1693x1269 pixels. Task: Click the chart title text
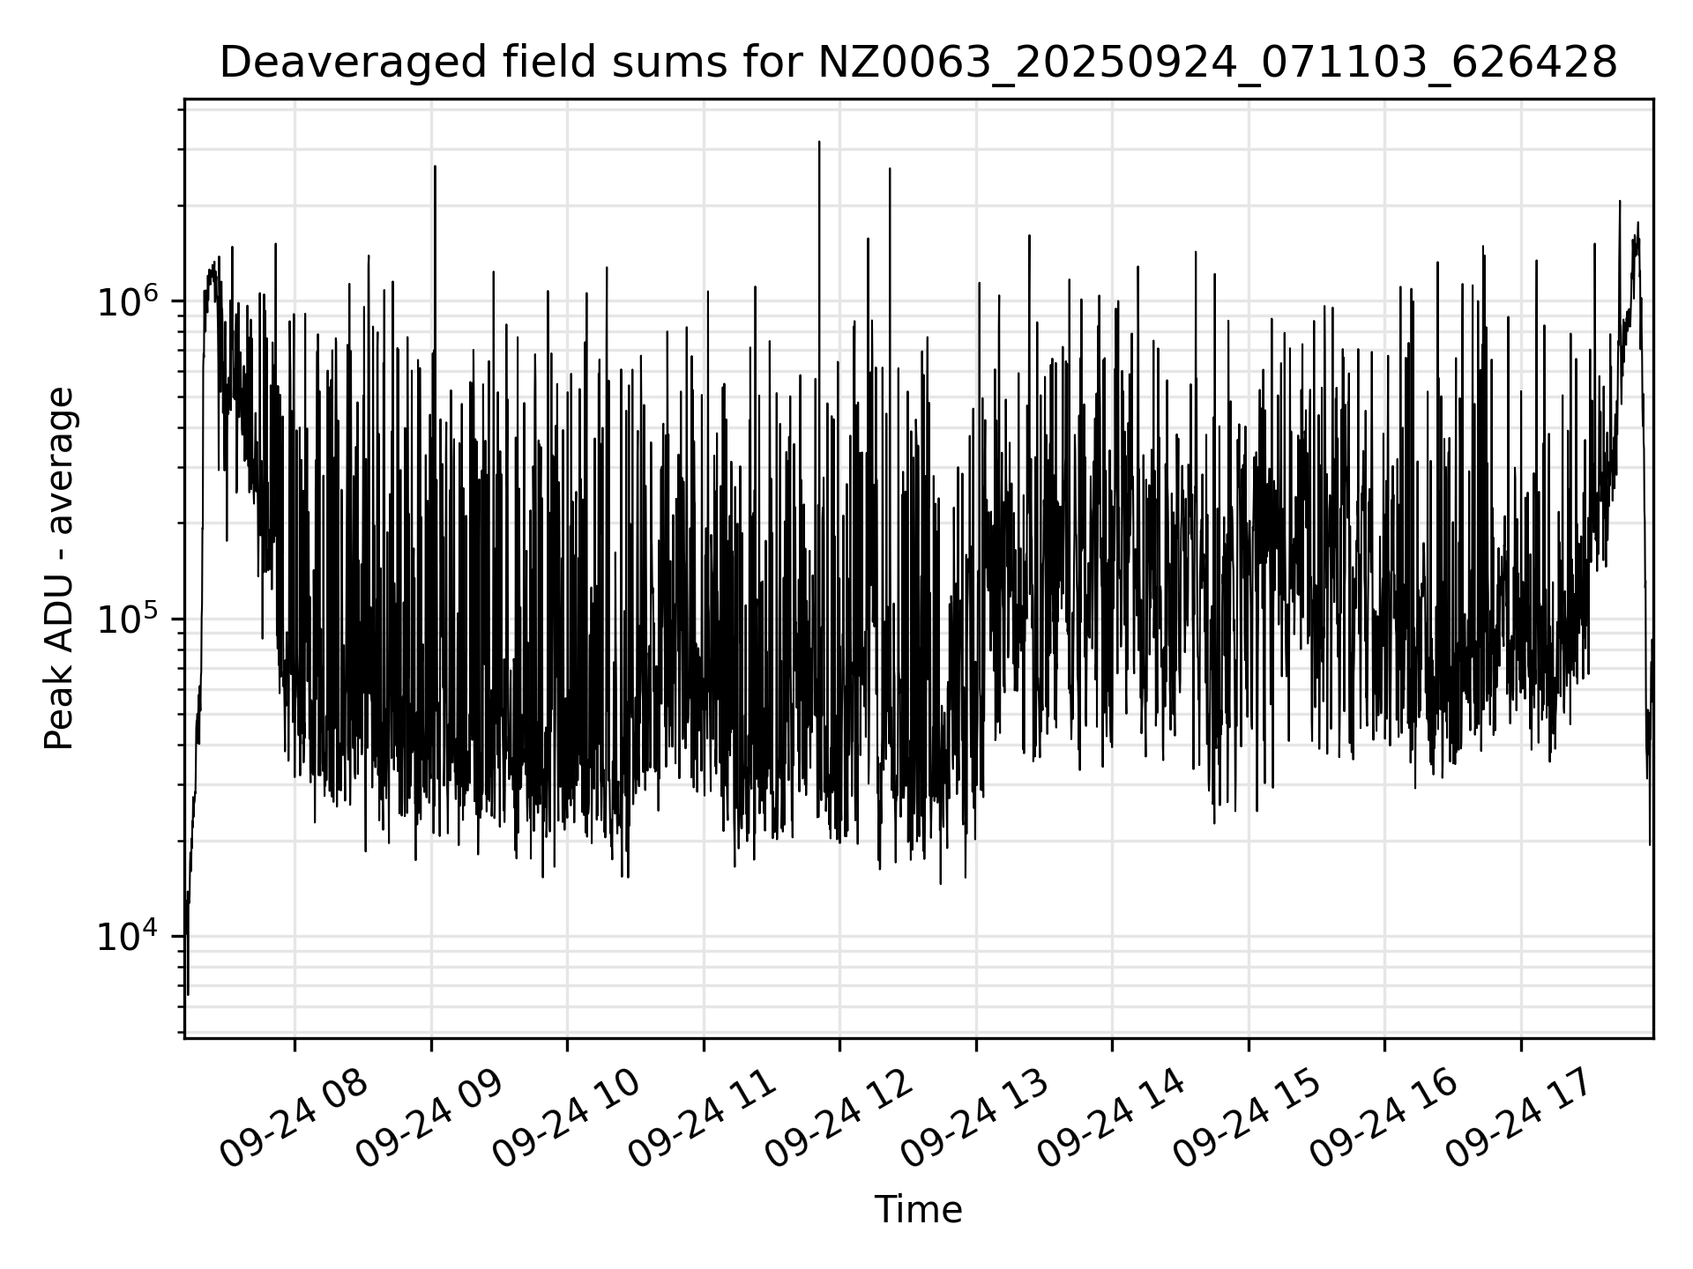point(918,63)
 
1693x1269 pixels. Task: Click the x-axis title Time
point(918,1210)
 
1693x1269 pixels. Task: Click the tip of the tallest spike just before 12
point(819,142)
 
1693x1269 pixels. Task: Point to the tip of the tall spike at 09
point(435,166)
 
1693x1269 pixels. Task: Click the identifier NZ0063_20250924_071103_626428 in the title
point(1217,63)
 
